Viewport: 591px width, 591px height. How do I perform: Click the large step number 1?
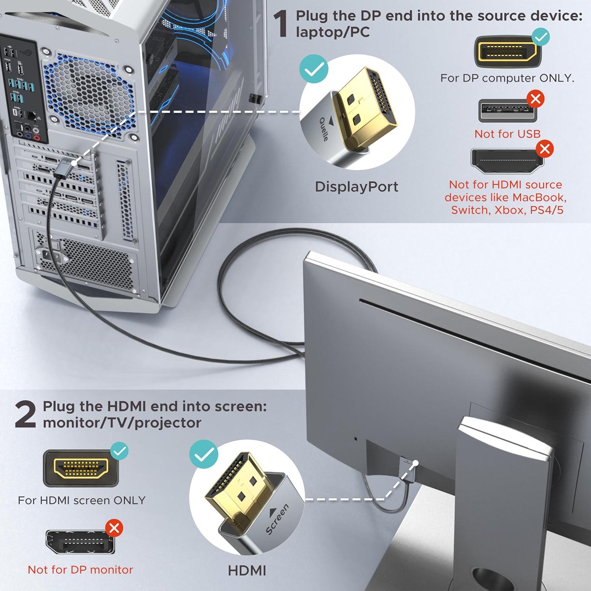pyautogui.click(x=282, y=24)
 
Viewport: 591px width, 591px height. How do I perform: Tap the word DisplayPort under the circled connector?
pyautogui.click(x=356, y=187)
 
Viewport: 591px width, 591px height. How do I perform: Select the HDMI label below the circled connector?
pyautogui.click(x=247, y=570)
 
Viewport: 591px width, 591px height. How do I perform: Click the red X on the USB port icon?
pyautogui.click(x=535, y=99)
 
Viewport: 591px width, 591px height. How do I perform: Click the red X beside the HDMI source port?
pyautogui.click(x=545, y=149)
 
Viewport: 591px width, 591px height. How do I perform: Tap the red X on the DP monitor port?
pyautogui.click(x=114, y=528)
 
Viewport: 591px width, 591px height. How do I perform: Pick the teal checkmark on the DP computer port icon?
pyautogui.click(x=541, y=37)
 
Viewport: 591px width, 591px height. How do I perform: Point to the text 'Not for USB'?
pyautogui.click(x=507, y=134)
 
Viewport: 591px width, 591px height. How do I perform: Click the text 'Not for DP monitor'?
pyautogui.click(x=80, y=569)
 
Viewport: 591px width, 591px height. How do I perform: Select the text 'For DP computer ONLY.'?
pyautogui.click(x=507, y=78)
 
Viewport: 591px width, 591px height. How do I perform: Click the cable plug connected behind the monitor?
pyautogui.click(x=406, y=469)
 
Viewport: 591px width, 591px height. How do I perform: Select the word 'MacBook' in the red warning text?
pyautogui.click(x=542, y=197)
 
